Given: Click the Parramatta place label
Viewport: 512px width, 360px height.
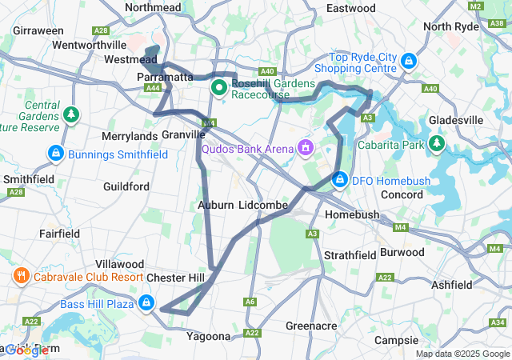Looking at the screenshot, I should tap(165, 77).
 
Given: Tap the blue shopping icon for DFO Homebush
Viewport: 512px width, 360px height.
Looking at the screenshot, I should tap(340, 179).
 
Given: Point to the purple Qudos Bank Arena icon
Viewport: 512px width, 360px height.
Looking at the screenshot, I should tap(305, 148).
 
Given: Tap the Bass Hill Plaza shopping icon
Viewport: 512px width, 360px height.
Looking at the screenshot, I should tap(146, 303).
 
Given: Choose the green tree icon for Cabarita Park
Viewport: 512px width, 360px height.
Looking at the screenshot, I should tap(437, 143).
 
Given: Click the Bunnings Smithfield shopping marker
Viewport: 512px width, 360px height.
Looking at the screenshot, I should tap(55, 152).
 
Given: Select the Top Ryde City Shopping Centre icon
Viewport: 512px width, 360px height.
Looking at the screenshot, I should tap(409, 61).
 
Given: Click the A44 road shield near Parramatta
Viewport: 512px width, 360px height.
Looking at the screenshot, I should tap(154, 88).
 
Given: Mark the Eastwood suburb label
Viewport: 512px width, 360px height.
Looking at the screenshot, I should tap(351, 8).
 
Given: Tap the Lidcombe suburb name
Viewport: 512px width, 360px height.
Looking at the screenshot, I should tap(262, 206).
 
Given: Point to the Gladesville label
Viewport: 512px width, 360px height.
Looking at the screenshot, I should tap(456, 120).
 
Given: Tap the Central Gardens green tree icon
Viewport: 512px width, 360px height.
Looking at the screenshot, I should tap(72, 115).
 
